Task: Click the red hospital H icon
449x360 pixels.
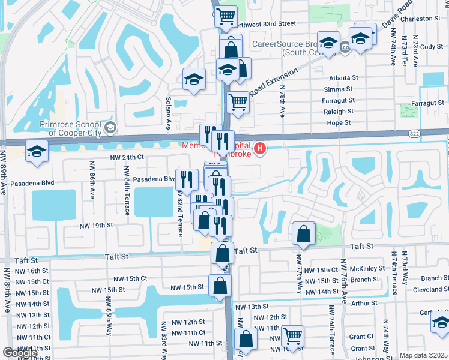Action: (x=260, y=148)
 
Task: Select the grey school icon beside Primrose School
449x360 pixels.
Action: (x=110, y=127)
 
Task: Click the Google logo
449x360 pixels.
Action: (x=20, y=353)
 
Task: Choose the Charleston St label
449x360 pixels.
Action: (x=423, y=19)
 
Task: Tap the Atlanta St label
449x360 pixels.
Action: (x=343, y=78)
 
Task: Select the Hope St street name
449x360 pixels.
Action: (x=339, y=122)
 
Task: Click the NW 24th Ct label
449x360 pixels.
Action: (x=128, y=157)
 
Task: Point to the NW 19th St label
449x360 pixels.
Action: (x=96, y=225)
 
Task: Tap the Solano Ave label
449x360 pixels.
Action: (x=169, y=112)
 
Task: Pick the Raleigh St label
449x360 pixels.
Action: (x=338, y=112)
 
